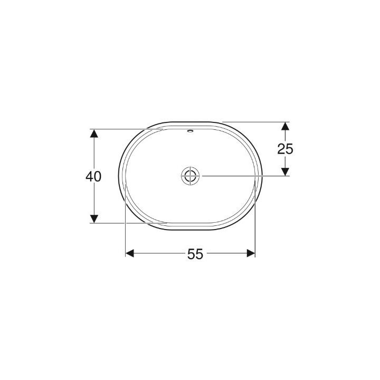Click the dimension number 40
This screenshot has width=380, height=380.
point(93,176)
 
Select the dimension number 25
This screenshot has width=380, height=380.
point(285,149)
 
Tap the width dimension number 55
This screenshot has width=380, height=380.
point(195,254)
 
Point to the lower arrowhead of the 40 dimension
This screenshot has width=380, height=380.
point(94,218)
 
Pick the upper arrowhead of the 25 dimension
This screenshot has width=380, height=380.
point(285,127)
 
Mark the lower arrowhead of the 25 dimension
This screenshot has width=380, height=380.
point(285,171)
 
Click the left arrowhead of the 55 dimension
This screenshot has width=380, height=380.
point(130,253)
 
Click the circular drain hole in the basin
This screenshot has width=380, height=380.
point(189,175)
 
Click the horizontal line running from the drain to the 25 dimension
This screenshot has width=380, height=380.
point(243,175)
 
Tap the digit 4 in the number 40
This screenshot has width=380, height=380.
point(89,176)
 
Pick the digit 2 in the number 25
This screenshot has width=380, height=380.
point(281,149)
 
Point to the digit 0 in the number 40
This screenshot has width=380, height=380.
point(98,176)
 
